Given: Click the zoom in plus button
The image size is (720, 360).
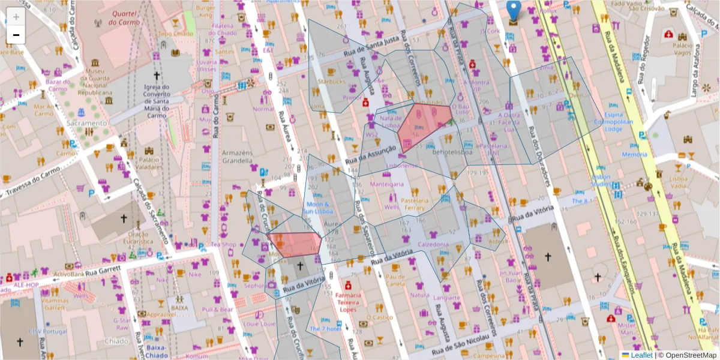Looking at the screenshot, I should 16,17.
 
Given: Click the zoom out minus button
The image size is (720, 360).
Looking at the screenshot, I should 16,35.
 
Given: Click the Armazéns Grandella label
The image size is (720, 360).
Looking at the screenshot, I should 237,157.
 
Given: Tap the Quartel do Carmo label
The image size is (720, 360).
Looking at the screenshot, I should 125,18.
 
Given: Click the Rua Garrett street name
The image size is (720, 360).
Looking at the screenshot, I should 104,274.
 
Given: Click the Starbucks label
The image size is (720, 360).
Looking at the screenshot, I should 332,82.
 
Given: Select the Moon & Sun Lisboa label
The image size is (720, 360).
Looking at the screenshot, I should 317,208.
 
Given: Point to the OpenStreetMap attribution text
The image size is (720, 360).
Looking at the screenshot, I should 690,355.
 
